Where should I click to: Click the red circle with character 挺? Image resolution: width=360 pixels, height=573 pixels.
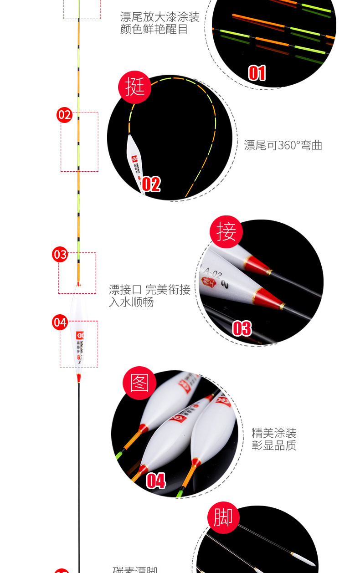click(134, 87)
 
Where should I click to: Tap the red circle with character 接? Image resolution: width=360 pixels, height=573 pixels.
click(226, 231)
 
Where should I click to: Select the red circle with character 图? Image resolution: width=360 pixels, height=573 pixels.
click(140, 383)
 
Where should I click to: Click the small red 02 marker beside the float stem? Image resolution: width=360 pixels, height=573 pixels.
click(65, 115)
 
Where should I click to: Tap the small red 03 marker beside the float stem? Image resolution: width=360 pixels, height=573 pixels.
click(60, 254)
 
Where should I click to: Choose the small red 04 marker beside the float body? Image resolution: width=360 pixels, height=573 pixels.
click(60, 322)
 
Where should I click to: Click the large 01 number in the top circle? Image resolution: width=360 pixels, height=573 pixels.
click(257, 73)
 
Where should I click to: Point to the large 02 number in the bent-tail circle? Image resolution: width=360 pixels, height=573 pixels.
click(151, 184)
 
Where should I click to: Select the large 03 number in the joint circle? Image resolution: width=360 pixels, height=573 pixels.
click(242, 328)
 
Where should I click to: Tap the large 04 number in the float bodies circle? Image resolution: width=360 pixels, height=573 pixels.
click(155, 481)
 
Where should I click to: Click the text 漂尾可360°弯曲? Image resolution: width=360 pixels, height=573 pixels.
click(283, 146)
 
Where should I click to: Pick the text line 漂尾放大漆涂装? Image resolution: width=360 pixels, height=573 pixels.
click(159, 18)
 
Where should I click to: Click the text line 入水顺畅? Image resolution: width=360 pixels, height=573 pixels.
click(131, 302)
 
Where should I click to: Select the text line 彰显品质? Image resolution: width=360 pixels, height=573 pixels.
click(274, 445)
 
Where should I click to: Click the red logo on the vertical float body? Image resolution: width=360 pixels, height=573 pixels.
click(80, 336)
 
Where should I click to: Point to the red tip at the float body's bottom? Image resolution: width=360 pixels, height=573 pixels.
click(78, 377)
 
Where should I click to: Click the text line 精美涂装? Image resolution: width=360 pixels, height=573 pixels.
click(274, 433)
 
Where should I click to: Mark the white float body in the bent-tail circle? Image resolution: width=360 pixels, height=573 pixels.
click(135, 162)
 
